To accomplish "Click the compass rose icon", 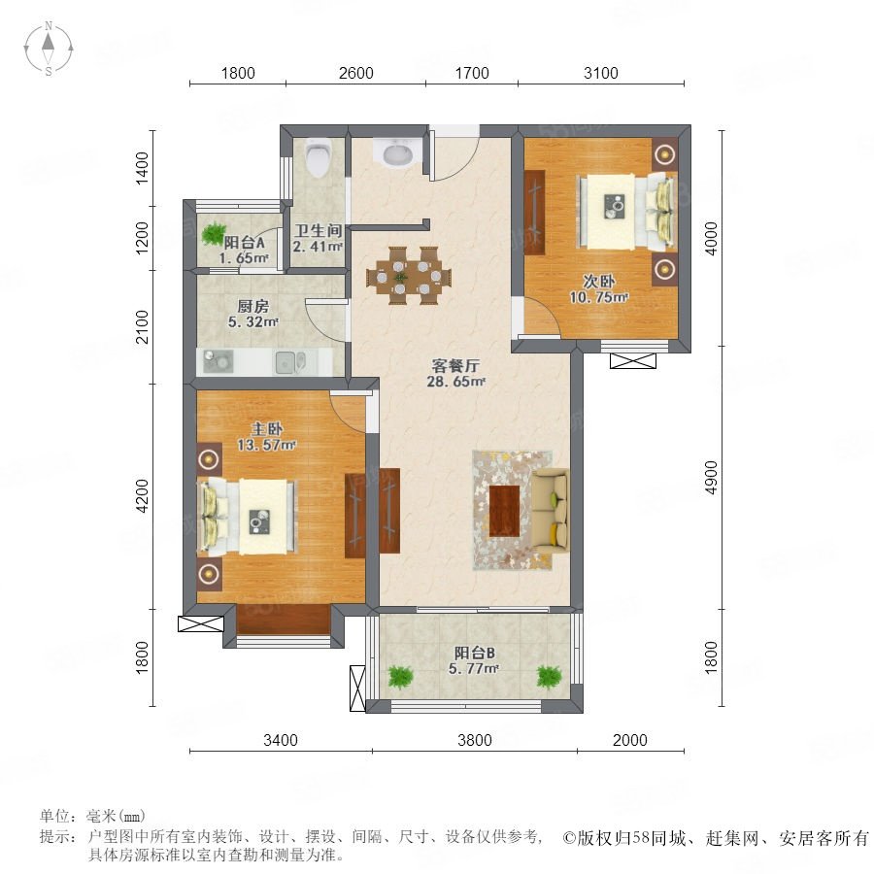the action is pos(49,49).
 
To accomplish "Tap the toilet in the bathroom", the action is pos(319,157).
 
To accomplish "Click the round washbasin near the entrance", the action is pos(397,152).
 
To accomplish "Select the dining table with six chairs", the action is pos(409,276).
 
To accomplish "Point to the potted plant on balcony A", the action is pos(214,233).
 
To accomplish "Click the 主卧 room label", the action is pos(266,428).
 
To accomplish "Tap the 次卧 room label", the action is pos(598,281).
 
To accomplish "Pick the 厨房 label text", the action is pos(253,306).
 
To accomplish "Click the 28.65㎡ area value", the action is pos(456,382).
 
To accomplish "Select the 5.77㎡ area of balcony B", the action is pos(474,668).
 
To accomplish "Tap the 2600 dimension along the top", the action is pos(356,73).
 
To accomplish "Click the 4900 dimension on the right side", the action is pos(711,477).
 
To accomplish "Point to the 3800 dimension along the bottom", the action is pos(475,740).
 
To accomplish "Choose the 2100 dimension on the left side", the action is pos(143,327).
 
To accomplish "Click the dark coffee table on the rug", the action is pos(504,511).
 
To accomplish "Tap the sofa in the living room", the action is pos(551,511).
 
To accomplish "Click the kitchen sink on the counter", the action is pos(290,362).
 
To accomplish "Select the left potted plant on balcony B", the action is pos(401,677).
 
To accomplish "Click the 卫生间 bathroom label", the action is pos(319,231).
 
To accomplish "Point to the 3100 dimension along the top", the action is pos(601,73).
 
